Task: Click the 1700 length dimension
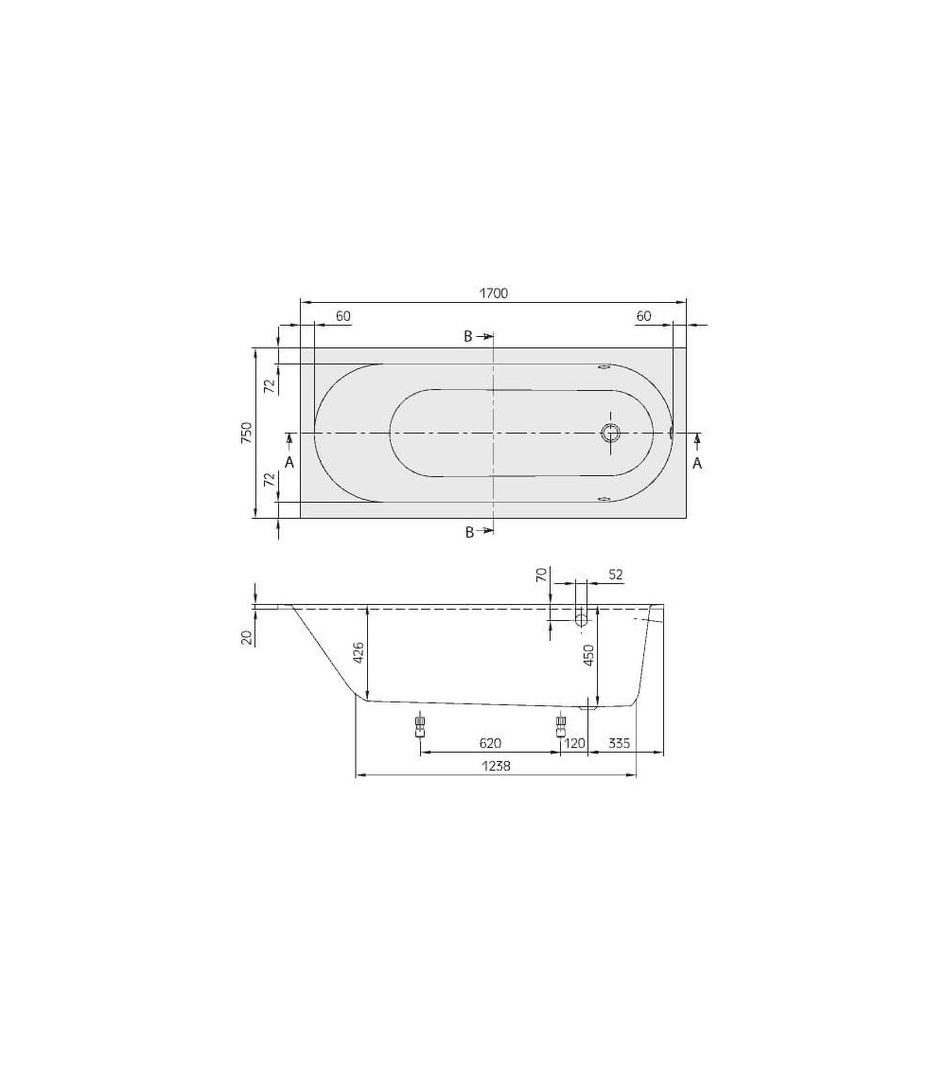[x=493, y=293]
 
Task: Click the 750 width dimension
[x=245, y=433]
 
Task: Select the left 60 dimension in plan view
[x=343, y=316]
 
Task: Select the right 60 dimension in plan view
[x=644, y=316]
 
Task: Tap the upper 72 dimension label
[x=269, y=384]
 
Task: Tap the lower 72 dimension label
[x=269, y=481]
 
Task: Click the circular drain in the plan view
[x=611, y=434]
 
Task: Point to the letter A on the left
[x=289, y=462]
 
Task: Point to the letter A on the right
[x=697, y=462]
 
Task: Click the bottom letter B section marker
[x=469, y=533]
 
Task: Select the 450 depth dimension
[x=587, y=657]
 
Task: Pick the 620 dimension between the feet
[x=490, y=744]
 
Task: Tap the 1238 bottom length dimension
[x=495, y=768]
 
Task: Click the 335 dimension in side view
[x=620, y=744]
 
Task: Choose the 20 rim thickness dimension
[x=246, y=637]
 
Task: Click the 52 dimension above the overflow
[x=614, y=575]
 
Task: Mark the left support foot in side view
[x=420, y=727]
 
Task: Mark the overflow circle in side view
[x=582, y=619]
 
